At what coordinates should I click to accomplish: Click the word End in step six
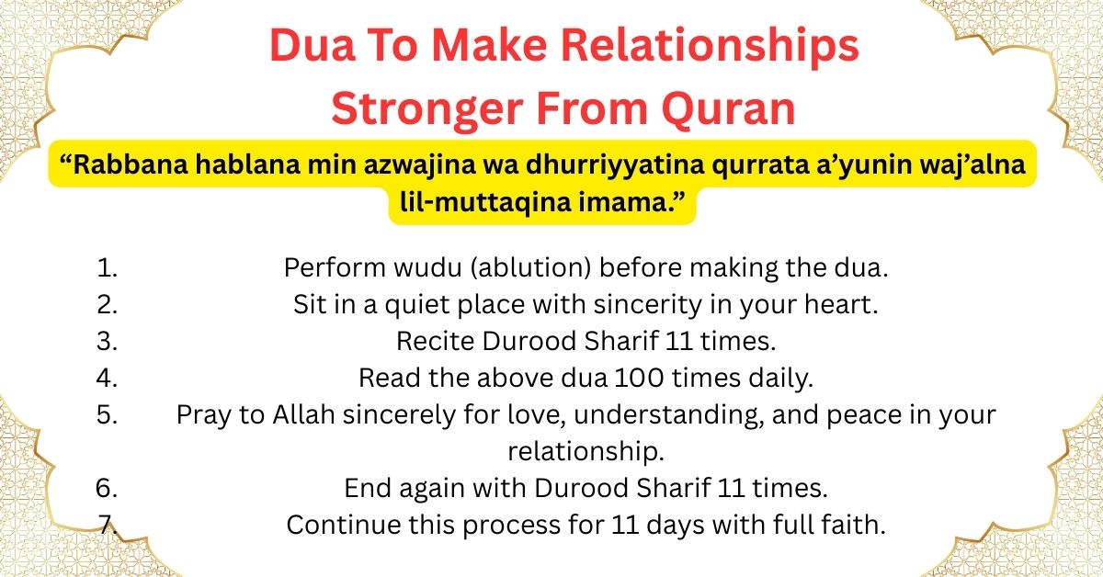[x=364, y=488]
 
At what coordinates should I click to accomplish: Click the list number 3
[x=108, y=341]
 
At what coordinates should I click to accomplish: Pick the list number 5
[x=108, y=414]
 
